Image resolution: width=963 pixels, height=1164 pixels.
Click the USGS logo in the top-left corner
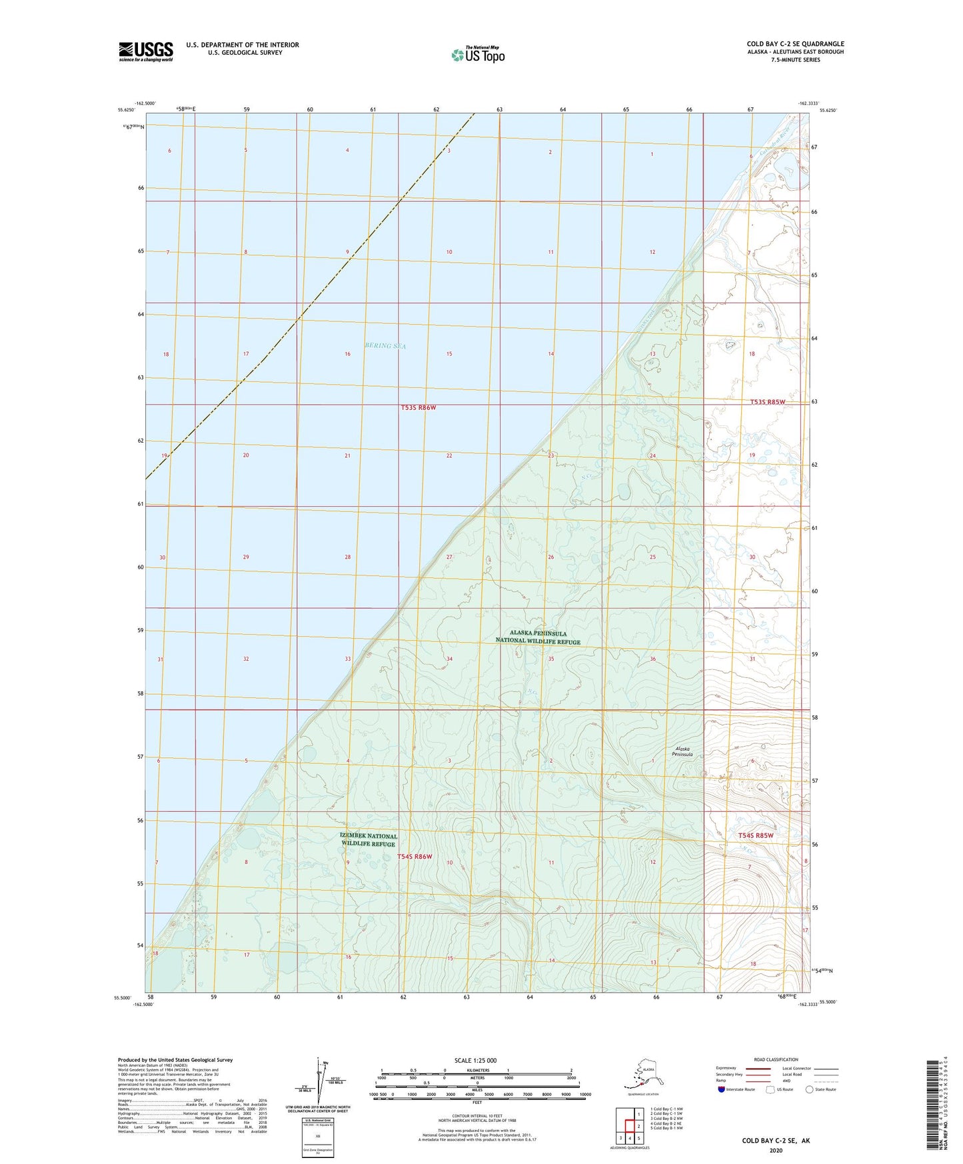[x=145, y=51]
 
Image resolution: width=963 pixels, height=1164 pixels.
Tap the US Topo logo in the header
[x=477, y=55]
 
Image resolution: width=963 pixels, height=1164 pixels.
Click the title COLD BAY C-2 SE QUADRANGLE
[x=795, y=44]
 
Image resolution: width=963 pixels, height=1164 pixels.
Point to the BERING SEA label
[x=385, y=346]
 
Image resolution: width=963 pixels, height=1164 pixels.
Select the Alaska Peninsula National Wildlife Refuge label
[x=538, y=637]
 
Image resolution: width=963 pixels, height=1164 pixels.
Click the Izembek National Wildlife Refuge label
[x=369, y=839]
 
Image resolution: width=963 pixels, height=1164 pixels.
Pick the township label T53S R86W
[x=419, y=407]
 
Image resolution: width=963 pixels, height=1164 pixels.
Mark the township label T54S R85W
[x=756, y=835]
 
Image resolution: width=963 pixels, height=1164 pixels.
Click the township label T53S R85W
[x=768, y=402]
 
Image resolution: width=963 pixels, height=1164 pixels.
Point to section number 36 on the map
[x=652, y=659]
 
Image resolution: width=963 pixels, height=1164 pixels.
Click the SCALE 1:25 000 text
[x=475, y=1061]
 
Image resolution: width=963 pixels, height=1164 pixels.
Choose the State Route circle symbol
[x=810, y=1089]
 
